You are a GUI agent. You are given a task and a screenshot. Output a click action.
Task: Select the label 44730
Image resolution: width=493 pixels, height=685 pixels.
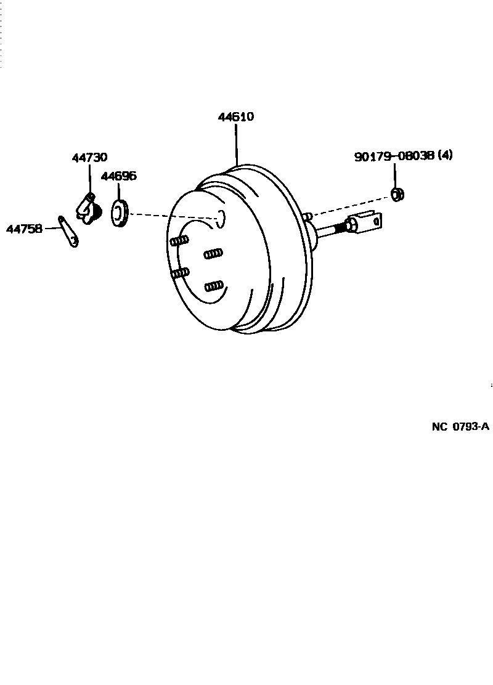(89, 158)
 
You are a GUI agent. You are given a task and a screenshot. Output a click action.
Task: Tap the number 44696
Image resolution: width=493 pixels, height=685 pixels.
(118, 176)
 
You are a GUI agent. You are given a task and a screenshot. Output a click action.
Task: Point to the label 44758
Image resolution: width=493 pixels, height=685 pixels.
(24, 229)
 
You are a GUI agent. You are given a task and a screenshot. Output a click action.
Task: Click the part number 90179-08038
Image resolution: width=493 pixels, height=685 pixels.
(394, 156)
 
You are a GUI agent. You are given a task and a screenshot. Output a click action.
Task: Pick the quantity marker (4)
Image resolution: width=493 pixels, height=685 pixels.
(444, 155)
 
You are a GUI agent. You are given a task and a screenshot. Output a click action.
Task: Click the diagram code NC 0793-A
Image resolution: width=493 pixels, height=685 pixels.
(460, 426)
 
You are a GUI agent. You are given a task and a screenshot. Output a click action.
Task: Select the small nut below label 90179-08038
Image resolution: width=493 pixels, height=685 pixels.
(398, 195)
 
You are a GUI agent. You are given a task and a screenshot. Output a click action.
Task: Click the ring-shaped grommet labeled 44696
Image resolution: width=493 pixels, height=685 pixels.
(118, 213)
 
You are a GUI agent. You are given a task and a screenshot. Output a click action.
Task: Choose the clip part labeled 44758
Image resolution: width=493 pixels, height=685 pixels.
(68, 231)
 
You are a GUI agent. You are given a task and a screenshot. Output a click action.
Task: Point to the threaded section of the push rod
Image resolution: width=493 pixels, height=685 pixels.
(333, 230)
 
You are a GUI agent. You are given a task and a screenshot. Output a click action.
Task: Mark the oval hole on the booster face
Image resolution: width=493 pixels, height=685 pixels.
(221, 217)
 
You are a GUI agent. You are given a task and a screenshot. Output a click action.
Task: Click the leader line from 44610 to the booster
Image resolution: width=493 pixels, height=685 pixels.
(236, 145)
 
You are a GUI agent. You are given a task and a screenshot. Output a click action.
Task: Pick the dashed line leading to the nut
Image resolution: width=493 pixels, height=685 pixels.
(351, 206)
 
